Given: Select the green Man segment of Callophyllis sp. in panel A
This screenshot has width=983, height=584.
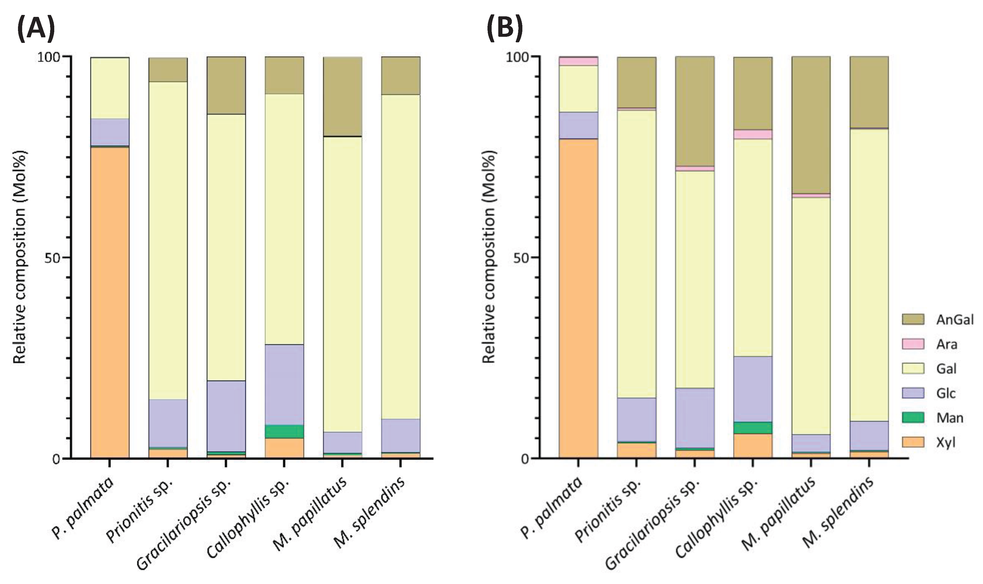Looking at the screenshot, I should [284, 431].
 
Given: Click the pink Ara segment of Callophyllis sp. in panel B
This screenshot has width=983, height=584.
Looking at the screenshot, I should [753, 134].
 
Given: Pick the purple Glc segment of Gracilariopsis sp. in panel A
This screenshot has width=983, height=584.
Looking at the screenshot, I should [226, 416].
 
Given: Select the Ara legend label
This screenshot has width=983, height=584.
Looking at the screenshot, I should [947, 344].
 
